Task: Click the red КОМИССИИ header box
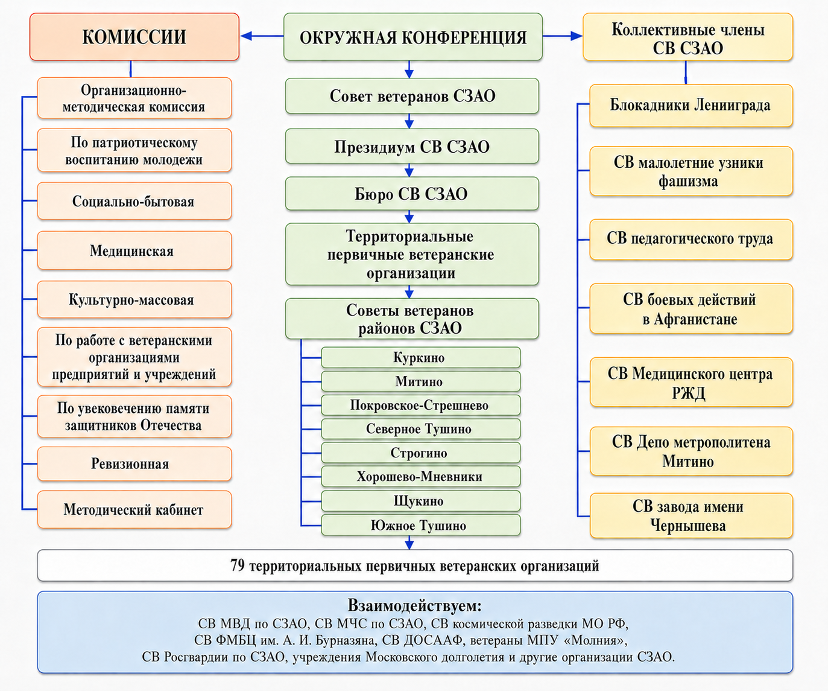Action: pos(134,37)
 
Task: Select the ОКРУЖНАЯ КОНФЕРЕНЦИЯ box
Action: pos(413,37)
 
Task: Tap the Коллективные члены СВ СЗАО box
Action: pos(687,37)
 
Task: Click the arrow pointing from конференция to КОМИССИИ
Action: pos(262,36)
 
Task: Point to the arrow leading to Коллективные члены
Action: pos(562,36)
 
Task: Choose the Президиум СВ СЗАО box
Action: pos(412,146)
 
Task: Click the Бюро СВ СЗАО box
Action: pos(412,194)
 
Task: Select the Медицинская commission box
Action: pos(134,250)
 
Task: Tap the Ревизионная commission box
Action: pos(134,463)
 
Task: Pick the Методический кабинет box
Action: pos(134,509)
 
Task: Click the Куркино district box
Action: pos(421,358)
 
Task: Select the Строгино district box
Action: pos(421,453)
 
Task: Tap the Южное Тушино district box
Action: pos(421,525)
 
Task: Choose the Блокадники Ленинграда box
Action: pos(691,106)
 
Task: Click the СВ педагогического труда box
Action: pos(691,240)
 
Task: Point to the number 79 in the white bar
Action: pos(237,565)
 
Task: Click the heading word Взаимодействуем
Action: pos(414,606)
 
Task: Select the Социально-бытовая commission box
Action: pos(134,201)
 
